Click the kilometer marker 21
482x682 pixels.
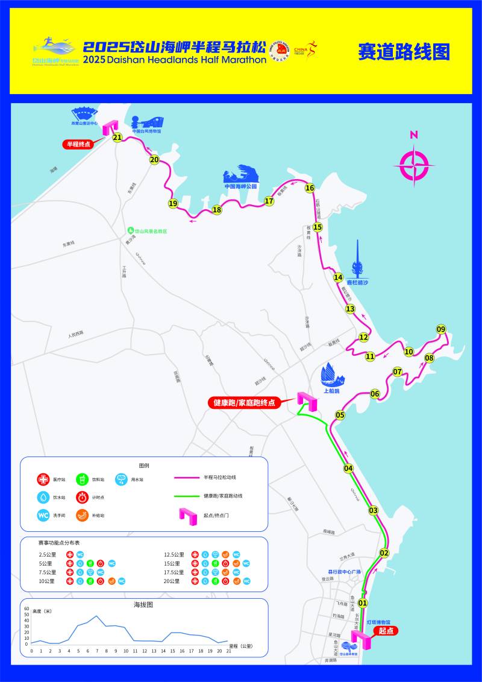[117, 137]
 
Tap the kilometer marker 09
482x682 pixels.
[441, 329]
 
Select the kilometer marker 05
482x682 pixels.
[340, 415]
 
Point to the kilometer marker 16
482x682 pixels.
[310, 188]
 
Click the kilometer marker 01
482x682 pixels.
[363, 602]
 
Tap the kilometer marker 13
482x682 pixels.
[350, 309]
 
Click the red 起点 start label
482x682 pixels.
[386, 631]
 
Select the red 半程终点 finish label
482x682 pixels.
[78, 144]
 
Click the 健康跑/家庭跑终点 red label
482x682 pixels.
[245, 402]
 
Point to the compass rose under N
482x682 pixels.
[415, 166]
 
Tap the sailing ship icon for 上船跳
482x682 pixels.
[332, 375]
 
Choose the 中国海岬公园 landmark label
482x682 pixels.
[240, 186]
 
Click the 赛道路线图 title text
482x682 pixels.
[404, 52]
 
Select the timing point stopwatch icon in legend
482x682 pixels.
[83, 497]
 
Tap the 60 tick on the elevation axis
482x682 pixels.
[27, 608]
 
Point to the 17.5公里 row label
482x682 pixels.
[175, 572]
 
